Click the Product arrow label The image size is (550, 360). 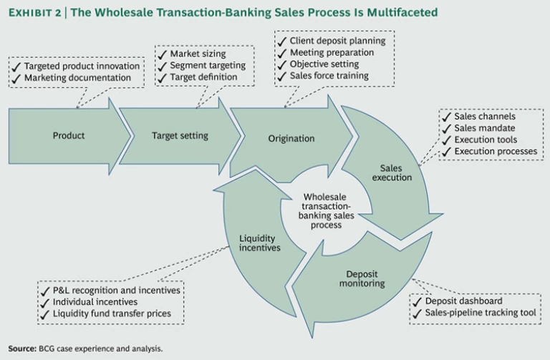[x=69, y=135]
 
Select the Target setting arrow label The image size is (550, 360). [x=180, y=135]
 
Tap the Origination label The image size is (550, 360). [x=291, y=138]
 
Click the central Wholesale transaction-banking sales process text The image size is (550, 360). [x=328, y=210]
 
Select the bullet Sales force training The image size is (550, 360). [x=329, y=76]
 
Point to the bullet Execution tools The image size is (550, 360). [x=485, y=140]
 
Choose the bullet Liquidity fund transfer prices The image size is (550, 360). [x=117, y=313]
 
